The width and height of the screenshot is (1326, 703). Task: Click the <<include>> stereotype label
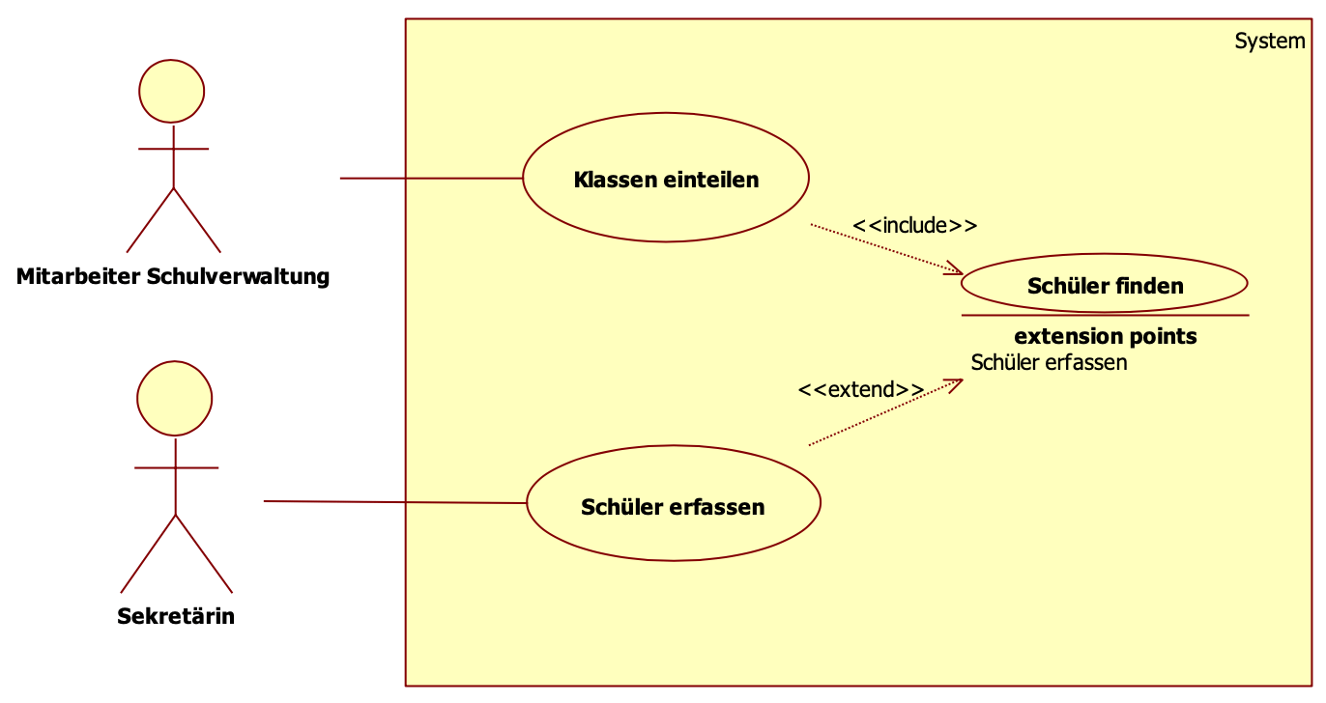pyautogui.click(x=914, y=226)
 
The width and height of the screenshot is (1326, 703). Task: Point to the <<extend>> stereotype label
pyautogui.click(x=860, y=390)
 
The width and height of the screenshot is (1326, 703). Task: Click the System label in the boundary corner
pyautogui.click(x=1269, y=42)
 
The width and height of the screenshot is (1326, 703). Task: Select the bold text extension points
pyautogui.click(x=1105, y=337)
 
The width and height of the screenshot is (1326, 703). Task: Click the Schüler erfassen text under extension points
pyautogui.click(x=1049, y=363)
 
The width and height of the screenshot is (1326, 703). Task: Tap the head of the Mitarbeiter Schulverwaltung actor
pyautogui.click(x=172, y=91)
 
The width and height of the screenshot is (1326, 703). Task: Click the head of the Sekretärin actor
pyautogui.click(x=175, y=399)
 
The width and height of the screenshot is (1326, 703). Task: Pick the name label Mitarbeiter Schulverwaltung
pyautogui.click(x=173, y=277)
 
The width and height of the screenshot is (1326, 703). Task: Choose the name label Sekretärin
pyautogui.click(x=175, y=616)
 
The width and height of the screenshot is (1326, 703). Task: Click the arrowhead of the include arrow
pyautogui.click(x=957, y=270)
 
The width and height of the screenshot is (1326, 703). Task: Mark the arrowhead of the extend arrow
pyautogui.click(x=956, y=383)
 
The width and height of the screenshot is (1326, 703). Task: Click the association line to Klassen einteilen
pyautogui.click(x=431, y=179)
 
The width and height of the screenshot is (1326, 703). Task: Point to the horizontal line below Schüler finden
pyautogui.click(x=1105, y=316)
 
